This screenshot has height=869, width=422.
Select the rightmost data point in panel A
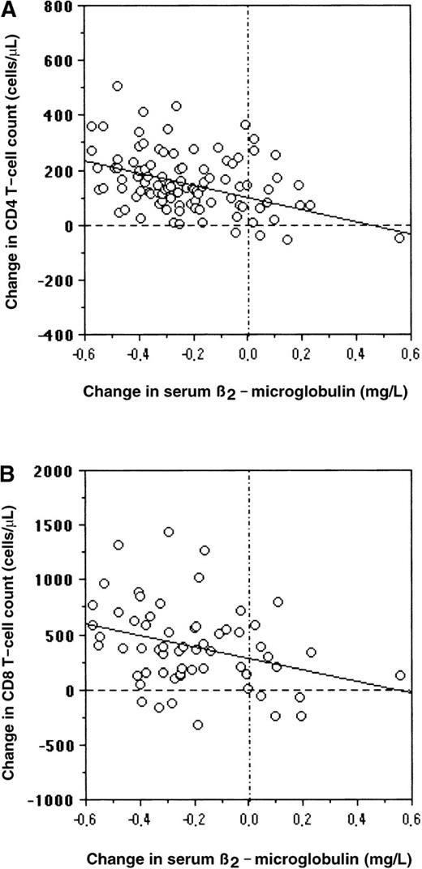click(x=399, y=238)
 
